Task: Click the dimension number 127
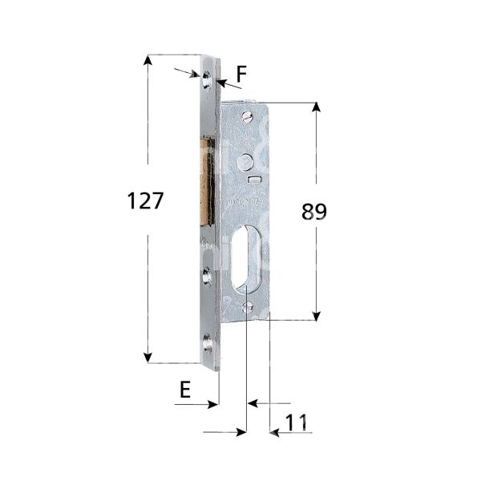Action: (145, 201)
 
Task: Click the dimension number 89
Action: (313, 212)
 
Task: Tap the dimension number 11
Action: (297, 422)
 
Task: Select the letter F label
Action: (241, 75)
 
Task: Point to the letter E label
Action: (185, 390)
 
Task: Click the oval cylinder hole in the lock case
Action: (246, 259)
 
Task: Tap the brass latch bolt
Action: (207, 180)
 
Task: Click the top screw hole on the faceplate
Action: (207, 79)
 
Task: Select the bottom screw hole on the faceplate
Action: (207, 342)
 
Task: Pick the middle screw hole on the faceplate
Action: (207, 276)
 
